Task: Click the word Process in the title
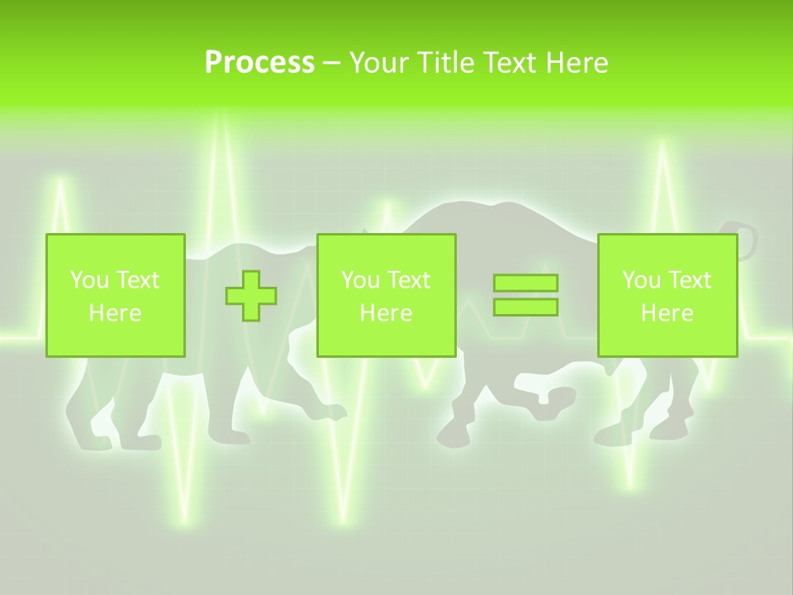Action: click(259, 63)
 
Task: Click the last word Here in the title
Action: click(576, 63)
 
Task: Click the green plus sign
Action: click(251, 295)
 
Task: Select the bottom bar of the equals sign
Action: click(525, 307)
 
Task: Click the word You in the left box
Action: click(89, 280)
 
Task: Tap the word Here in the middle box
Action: click(386, 313)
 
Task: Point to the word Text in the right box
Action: click(691, 280)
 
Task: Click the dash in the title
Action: click(332, 63)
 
